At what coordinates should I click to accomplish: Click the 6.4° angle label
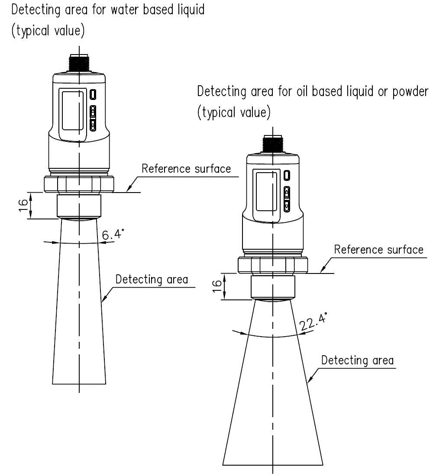click(113, 235)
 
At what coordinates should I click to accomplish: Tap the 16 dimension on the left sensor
click(25, 206)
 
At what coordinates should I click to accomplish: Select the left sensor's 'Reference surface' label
click(186, 169)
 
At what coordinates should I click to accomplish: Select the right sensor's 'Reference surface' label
click(378, 250)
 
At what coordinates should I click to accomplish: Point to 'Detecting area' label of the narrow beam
click(152, 280)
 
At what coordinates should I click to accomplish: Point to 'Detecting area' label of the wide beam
click(357, 360)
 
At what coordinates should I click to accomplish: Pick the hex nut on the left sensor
click(79, 184)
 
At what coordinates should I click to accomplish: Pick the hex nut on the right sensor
click(273, 265)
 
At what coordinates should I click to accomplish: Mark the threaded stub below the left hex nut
click(79, 207)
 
